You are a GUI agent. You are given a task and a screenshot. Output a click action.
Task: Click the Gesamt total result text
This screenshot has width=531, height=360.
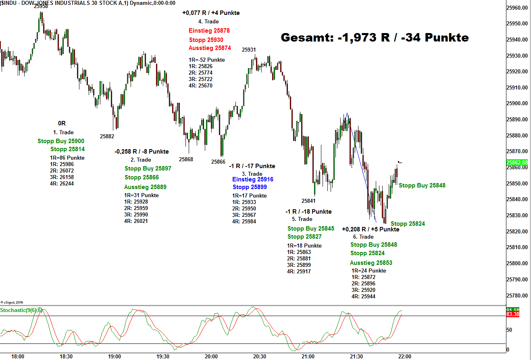[375, 38]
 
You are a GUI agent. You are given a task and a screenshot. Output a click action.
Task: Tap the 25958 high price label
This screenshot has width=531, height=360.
[41, 6]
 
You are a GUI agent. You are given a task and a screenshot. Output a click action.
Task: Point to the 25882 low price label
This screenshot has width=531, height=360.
[107, 137]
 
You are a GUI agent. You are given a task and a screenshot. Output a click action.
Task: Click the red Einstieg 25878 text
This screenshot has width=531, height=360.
[209, 31]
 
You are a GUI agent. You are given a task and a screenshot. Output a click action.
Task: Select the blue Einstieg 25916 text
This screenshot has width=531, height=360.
[253, 179]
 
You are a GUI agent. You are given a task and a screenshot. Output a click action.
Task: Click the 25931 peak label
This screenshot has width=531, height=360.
[249, 50]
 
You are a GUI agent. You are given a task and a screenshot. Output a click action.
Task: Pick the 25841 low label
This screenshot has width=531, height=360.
[308, 201]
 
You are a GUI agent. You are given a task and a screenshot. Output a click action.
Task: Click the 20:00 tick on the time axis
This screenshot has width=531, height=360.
[211, 357]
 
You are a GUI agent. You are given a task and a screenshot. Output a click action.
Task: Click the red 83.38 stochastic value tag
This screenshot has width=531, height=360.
[512, 314]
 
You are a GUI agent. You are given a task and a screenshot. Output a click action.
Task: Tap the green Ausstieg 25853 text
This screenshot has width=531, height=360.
[371, 263]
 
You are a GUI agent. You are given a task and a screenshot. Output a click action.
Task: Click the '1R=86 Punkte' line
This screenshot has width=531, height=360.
[67, 158]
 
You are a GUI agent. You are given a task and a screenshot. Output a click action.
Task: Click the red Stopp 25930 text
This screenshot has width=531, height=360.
[206, 40]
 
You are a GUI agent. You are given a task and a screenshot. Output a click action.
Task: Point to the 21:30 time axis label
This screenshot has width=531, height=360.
[356, 357]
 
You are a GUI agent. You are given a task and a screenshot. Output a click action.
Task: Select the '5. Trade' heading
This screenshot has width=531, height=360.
[302, 219]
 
